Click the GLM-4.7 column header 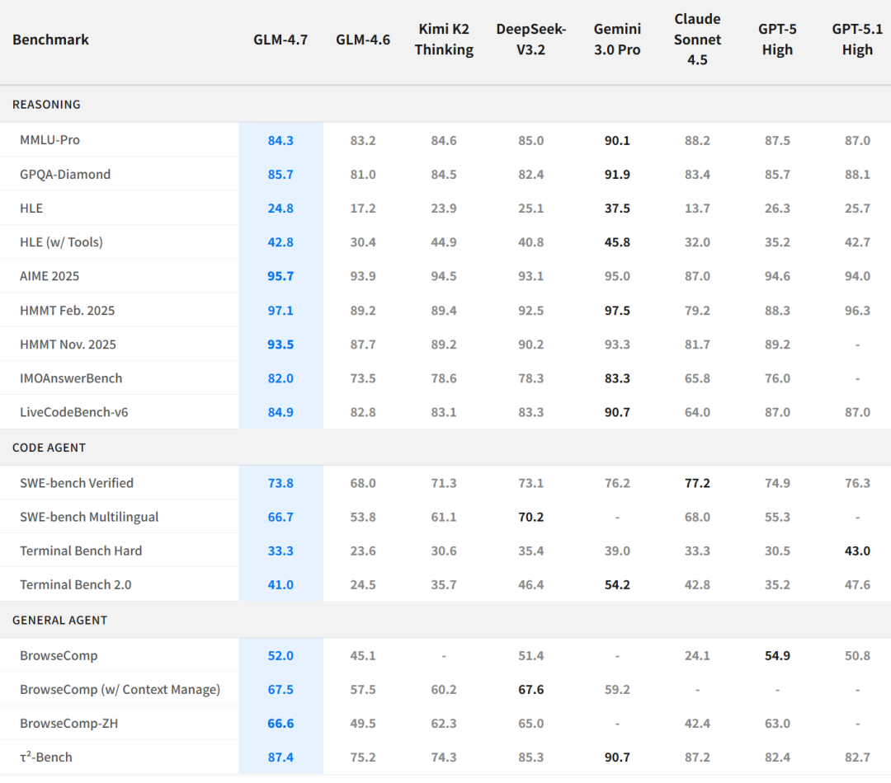280,40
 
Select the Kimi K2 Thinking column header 444,40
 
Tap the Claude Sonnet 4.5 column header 697,40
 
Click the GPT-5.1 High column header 857,40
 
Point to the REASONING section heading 46,105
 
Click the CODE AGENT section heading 49,448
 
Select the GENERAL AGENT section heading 59,620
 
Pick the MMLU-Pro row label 49,140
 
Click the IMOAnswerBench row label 71,378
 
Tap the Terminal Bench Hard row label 81,551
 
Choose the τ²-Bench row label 46,757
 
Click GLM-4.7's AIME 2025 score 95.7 280,276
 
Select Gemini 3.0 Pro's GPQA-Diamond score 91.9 617,175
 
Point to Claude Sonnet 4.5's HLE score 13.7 697,209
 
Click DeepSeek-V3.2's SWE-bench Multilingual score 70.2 531,517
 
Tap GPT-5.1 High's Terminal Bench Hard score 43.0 857,551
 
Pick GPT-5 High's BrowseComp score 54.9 777,656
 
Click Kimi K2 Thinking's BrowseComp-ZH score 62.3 444,724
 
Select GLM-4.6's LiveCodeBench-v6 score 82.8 363,412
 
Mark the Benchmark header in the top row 51,40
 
